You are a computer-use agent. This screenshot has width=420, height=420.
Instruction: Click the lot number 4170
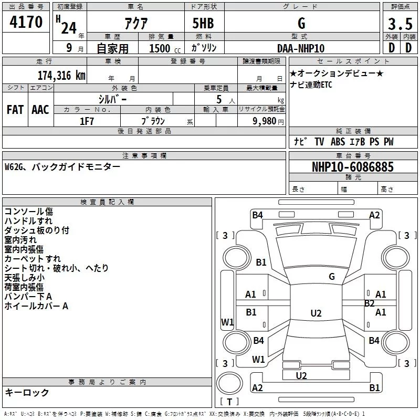[x=26, y=23]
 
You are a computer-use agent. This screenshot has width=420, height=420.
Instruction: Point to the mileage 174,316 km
[x=61, y=75]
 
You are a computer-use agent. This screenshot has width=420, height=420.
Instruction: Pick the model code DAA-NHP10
[x=301, y=48]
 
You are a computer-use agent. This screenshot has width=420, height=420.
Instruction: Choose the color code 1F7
[x=87, y=121]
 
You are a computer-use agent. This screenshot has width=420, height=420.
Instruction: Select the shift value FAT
[x=15, y=109]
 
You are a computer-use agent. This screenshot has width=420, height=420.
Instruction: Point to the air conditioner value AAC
[x=40, y=109]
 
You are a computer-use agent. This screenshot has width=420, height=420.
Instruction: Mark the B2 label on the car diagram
[x=370, y=303]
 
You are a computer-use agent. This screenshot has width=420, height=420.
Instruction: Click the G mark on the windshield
[x=332, y=276]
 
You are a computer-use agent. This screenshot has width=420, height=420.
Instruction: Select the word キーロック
[x=27, y=392]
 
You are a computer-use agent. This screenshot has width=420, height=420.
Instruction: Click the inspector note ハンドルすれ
[x=28, y=221]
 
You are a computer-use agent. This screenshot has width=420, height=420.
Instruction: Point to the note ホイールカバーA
[x=36, y=306]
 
